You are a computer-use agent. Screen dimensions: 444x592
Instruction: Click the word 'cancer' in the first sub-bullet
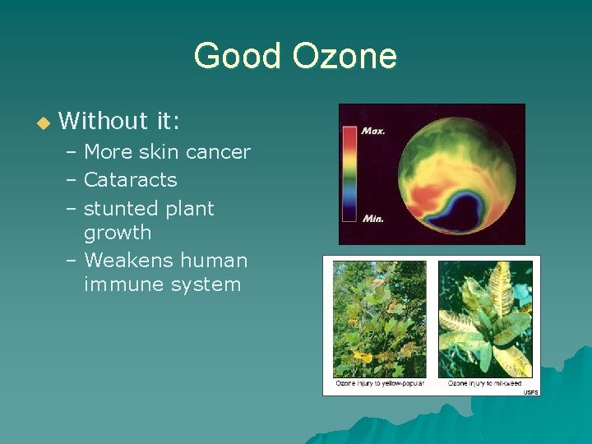click(218, 152)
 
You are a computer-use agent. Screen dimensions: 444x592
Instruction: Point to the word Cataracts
click(131, 179)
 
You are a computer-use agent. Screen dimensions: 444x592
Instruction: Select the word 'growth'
click(118, 233)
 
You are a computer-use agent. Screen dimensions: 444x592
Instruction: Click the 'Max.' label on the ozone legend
click(374, 130)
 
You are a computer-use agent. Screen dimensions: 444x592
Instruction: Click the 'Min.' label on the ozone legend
click(373, 219)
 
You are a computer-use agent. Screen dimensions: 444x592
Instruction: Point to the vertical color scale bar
click(350, 174)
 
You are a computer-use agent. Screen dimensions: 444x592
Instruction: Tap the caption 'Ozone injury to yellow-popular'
click(378, 384)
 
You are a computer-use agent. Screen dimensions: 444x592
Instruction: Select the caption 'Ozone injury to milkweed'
click(485, 384)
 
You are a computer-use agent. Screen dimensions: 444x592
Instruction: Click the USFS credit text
click(530, 392)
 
